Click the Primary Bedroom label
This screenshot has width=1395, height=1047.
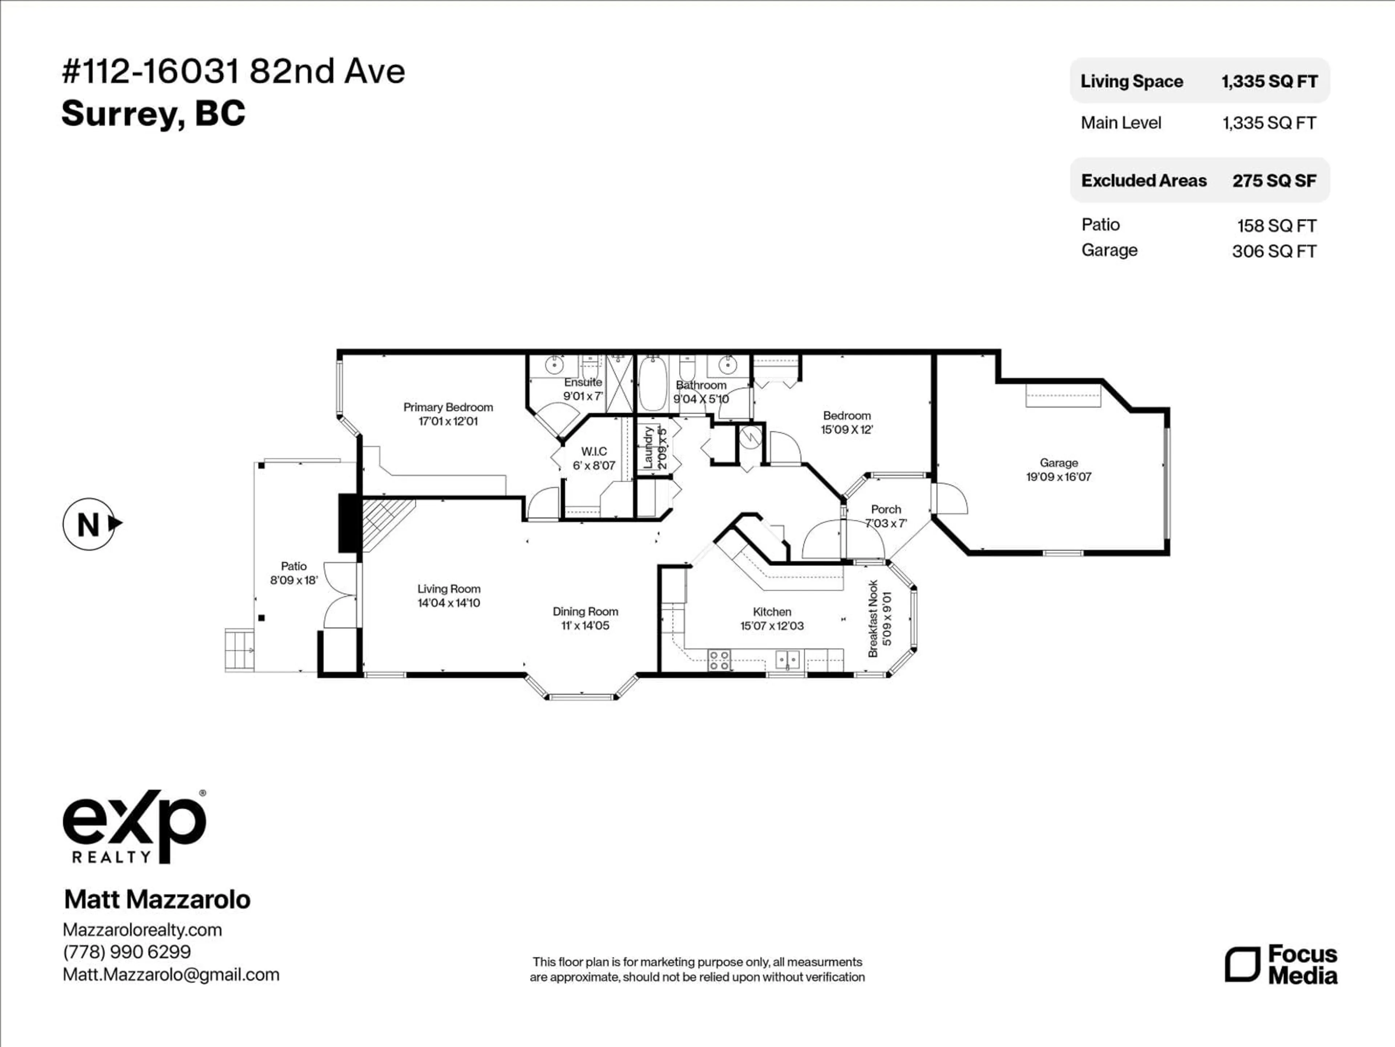point(448,407)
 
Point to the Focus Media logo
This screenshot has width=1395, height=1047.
point(1282,964)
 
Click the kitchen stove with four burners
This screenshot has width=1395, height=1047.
point(719,660)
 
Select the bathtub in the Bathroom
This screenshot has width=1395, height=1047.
point(653,383)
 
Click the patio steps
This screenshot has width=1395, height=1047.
point(240,650)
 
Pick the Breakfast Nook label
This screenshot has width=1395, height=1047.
point(873,618)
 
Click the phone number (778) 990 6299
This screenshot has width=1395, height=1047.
point(127,952)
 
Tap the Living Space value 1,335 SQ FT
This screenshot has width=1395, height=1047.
point(1269,81)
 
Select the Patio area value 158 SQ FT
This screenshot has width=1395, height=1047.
point(1277,225)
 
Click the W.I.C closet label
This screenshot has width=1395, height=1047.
point(594,451)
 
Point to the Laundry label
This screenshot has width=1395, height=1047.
point(648,447)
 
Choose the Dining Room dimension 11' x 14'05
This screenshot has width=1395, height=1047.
point(585,625)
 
